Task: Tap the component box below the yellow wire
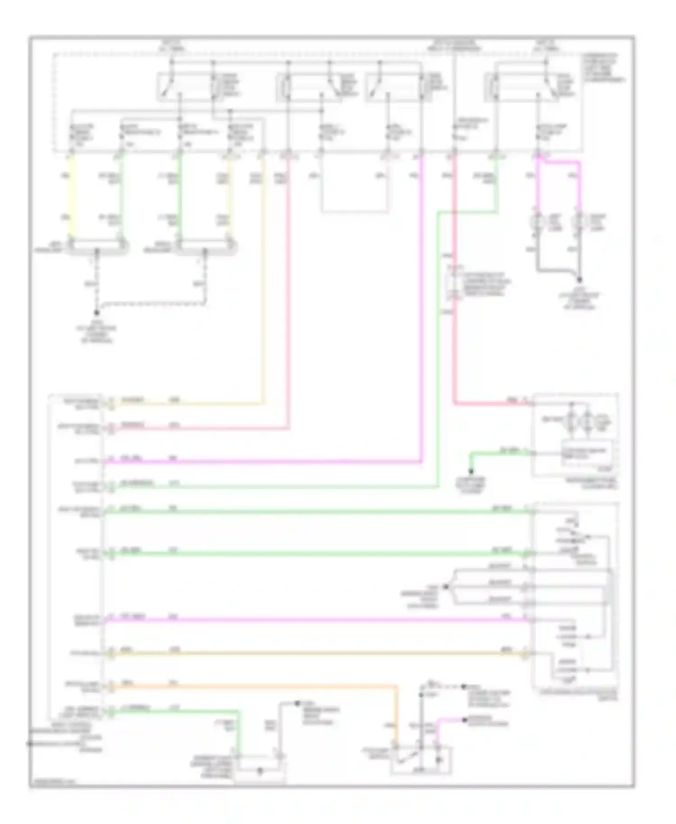point(96,247)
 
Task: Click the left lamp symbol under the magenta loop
point(537,223)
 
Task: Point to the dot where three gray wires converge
point(446,586)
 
